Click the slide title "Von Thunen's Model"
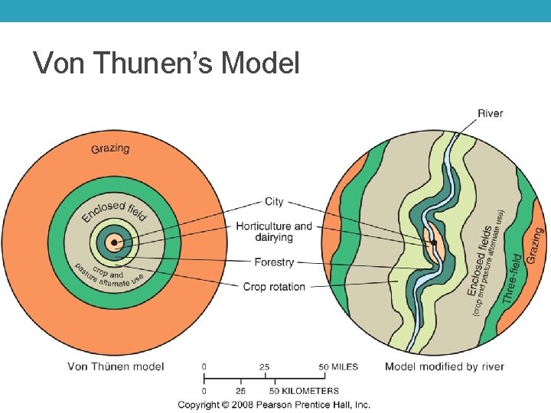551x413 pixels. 167,63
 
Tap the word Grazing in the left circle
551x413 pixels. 110,148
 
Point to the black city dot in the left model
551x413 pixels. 114,244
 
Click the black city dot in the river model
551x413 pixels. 434,243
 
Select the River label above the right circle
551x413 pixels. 490,113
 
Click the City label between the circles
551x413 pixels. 274,202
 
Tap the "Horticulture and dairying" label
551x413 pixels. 274,232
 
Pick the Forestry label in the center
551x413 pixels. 274,262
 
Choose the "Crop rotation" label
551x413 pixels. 274,287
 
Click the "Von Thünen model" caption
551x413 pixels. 116,366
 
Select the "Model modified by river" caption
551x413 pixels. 445,366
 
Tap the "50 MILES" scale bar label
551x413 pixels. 338,367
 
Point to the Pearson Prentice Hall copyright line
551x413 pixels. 274,405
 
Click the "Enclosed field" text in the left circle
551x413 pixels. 114,210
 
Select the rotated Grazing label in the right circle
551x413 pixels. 535,246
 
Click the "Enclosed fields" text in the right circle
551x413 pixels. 480,260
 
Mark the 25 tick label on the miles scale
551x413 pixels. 264,367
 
